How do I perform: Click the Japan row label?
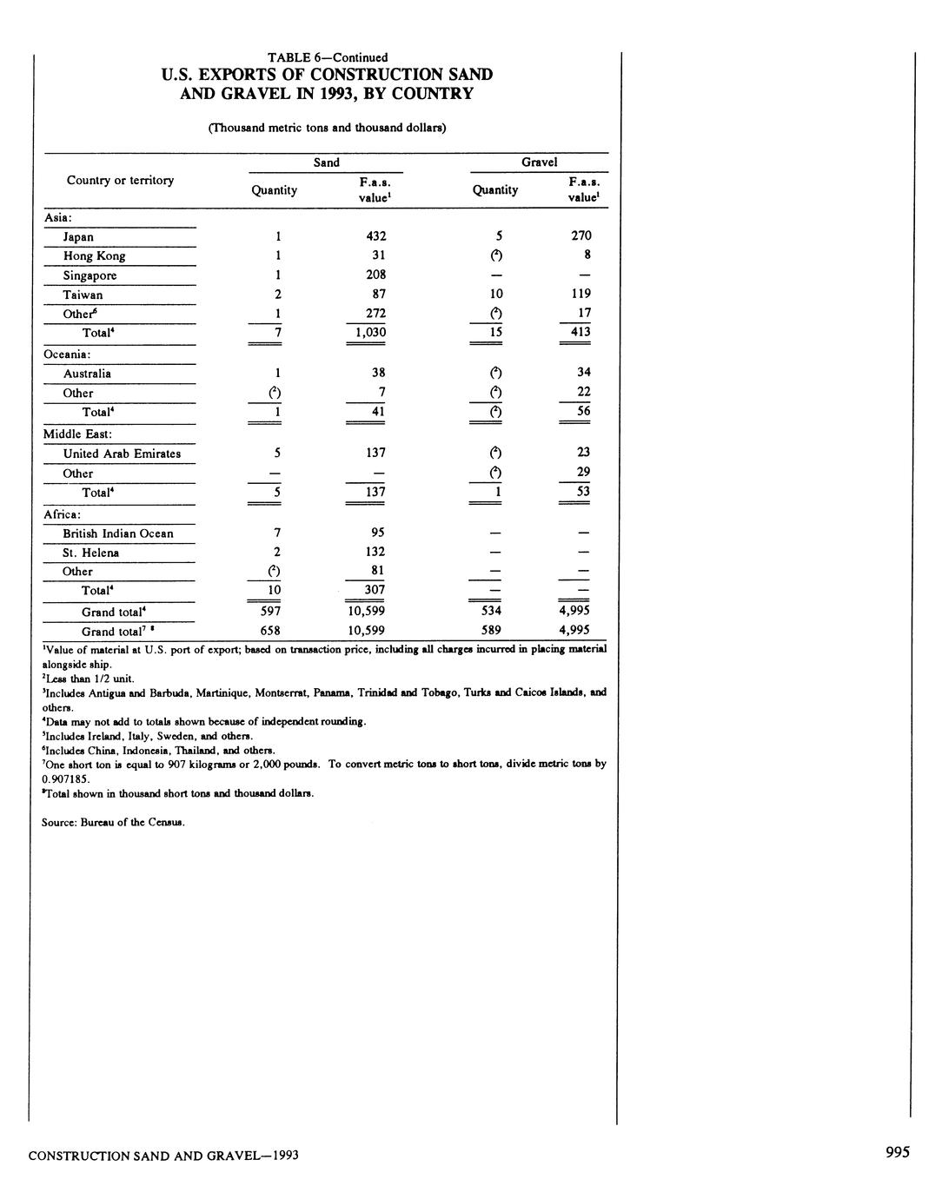tap(78, 237)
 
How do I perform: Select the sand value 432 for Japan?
tap(376, 236)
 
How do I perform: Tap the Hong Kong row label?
tap(94, 256)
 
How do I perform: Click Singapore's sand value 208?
tap(376, 275)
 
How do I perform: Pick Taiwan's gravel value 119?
tap(581, 294)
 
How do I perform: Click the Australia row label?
tap(87, 374)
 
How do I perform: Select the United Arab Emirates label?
tap(122, 454)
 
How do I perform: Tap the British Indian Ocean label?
tap(117, 533)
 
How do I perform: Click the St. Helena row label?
tap(90, 553)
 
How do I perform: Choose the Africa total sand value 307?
tap(375, 590)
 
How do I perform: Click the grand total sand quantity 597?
tap(270, 611)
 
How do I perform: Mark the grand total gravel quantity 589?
tap(491, 631)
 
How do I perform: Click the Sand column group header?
tap(327, 162)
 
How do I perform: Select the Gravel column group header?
tap(539, 162)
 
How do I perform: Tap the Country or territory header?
tap(120, 180)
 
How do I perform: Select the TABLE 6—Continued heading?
tap(328, 58)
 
